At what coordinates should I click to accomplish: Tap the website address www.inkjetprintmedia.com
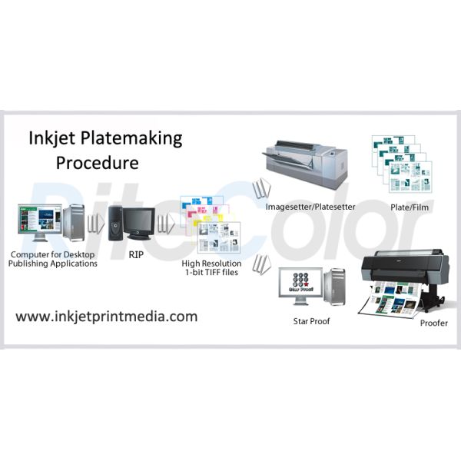coord(107,316)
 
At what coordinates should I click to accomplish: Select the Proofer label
coord(433,323)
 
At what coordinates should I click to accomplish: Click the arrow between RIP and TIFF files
coord(165,224)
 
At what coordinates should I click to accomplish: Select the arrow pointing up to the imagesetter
coord(262,187)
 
